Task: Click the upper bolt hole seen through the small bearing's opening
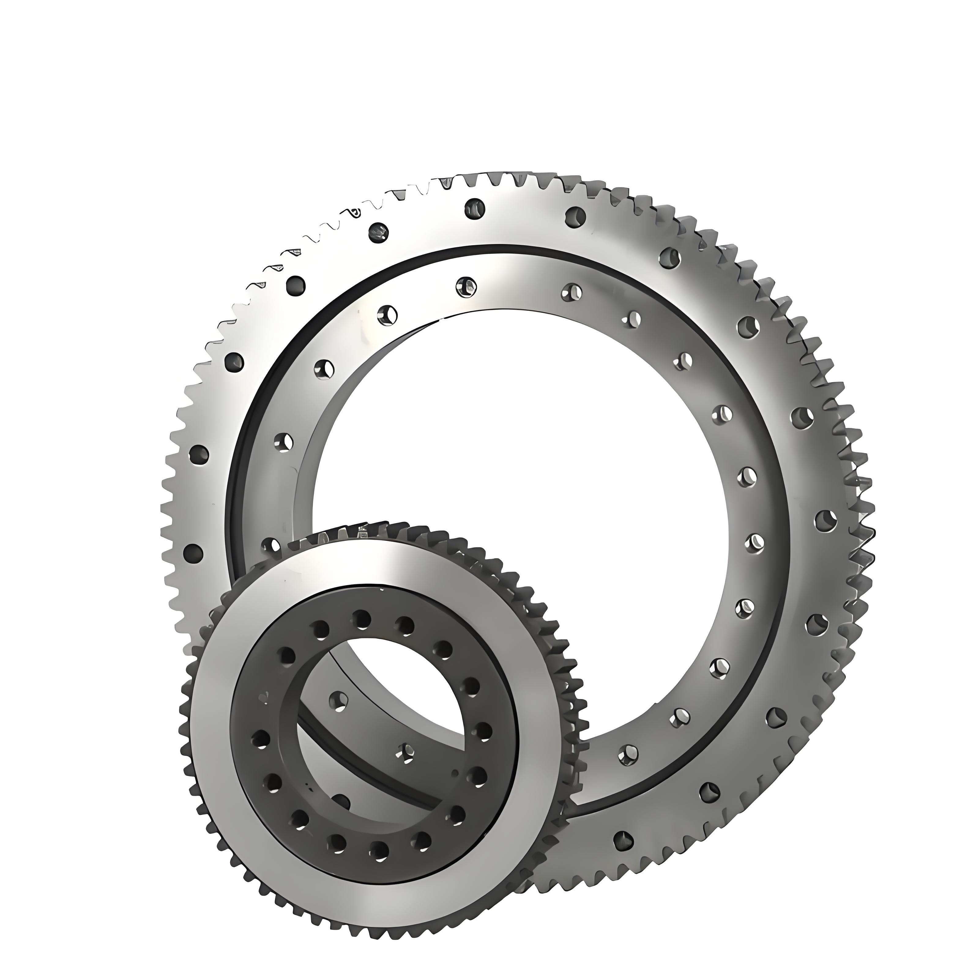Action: pos(338,701)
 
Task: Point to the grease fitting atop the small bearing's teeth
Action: pos(363,532)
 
